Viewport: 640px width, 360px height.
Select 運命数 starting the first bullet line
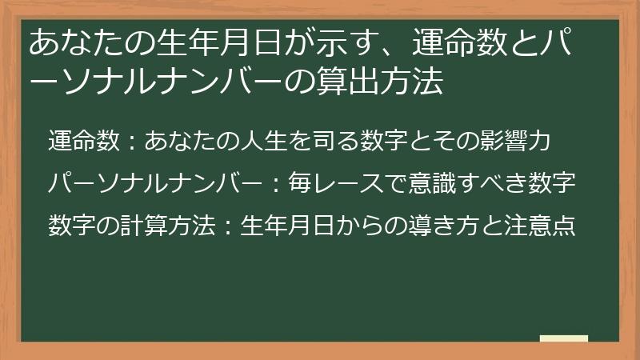tap(86, 141)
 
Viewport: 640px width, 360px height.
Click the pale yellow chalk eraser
tap(564, 338)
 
